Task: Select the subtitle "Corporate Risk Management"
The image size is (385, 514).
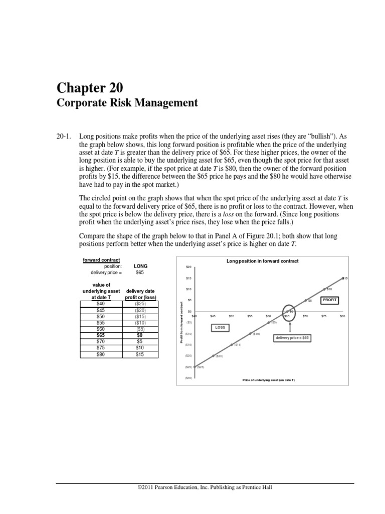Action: coord(127,103)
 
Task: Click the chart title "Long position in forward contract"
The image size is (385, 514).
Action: coord(262,261)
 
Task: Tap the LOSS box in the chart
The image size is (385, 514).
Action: coord(221,327)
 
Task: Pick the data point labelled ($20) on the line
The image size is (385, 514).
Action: coord(213,356)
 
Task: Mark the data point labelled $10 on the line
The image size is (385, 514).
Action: coord(324,289)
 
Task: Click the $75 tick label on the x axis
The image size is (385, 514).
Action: coord(324,316)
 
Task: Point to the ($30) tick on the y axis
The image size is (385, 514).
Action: coord(188,378)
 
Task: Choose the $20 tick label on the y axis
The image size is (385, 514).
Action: coord(188,267)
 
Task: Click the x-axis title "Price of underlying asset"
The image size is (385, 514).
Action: coord(269,380)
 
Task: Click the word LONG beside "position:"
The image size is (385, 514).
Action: coord(141,266)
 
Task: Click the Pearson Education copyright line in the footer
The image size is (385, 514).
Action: coord(205,487)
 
